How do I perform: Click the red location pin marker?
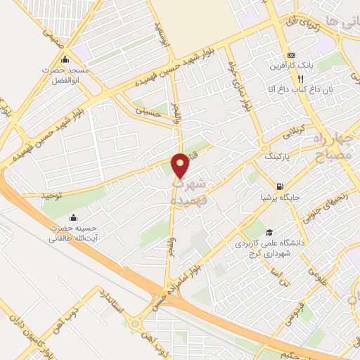[181, 166]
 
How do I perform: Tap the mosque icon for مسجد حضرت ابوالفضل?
[65, 59]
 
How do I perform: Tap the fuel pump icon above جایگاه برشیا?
[281, 186]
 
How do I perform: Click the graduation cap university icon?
[268, 233]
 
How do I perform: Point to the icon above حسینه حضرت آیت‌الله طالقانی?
[74, 218]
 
